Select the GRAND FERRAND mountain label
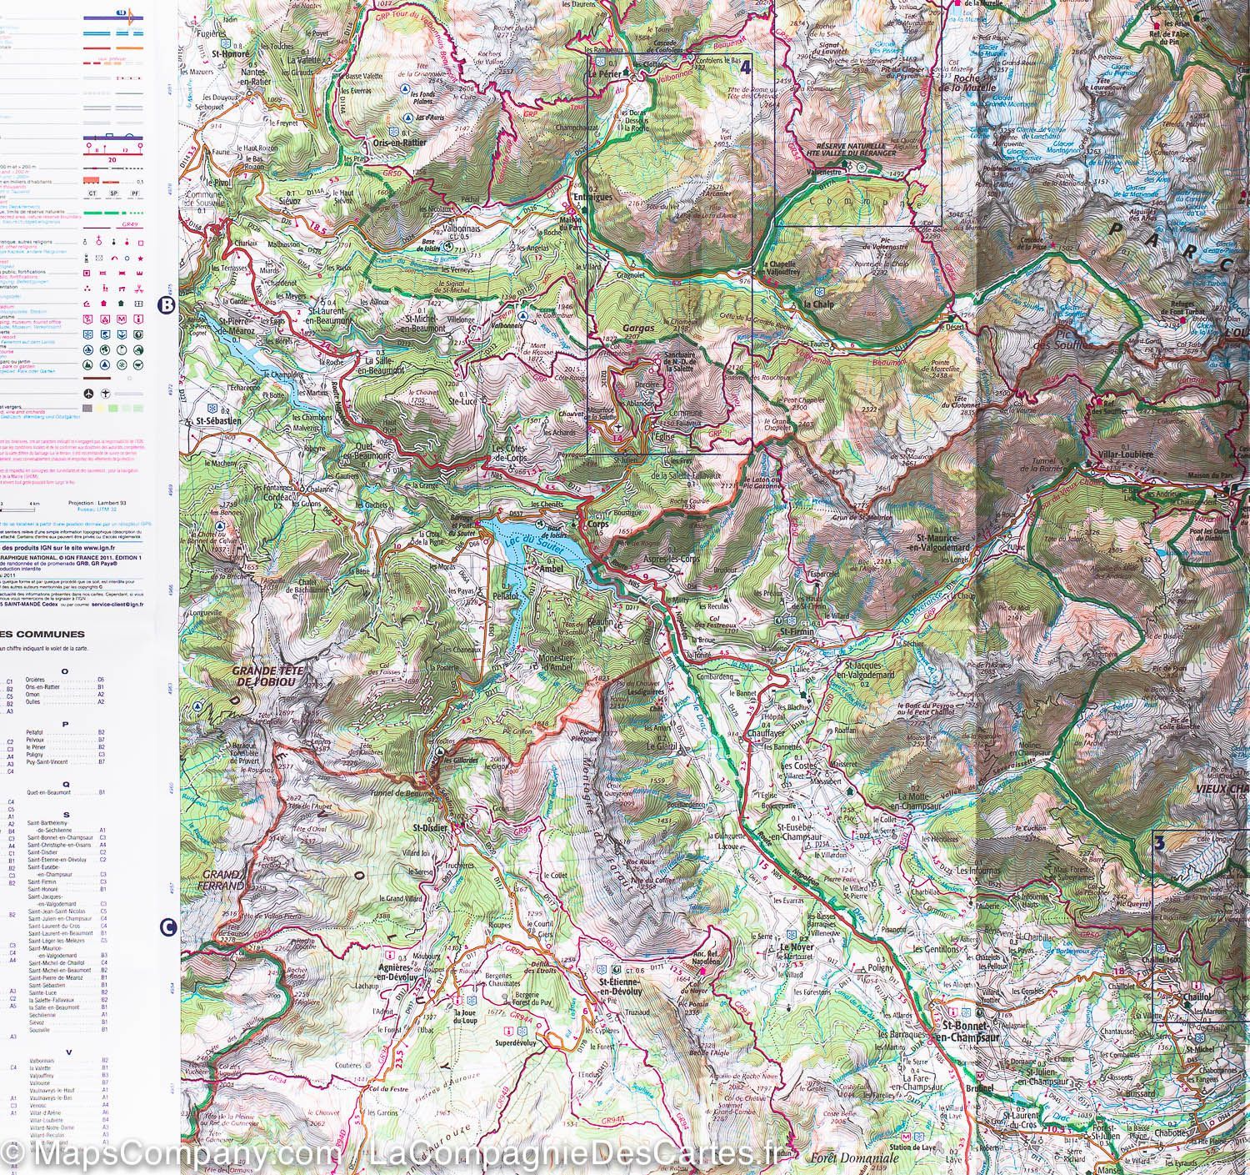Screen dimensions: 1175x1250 click(217, 881)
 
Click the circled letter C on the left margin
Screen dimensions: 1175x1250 click(167, 926)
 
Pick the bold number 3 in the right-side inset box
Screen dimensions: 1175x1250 click(1159, 842)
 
